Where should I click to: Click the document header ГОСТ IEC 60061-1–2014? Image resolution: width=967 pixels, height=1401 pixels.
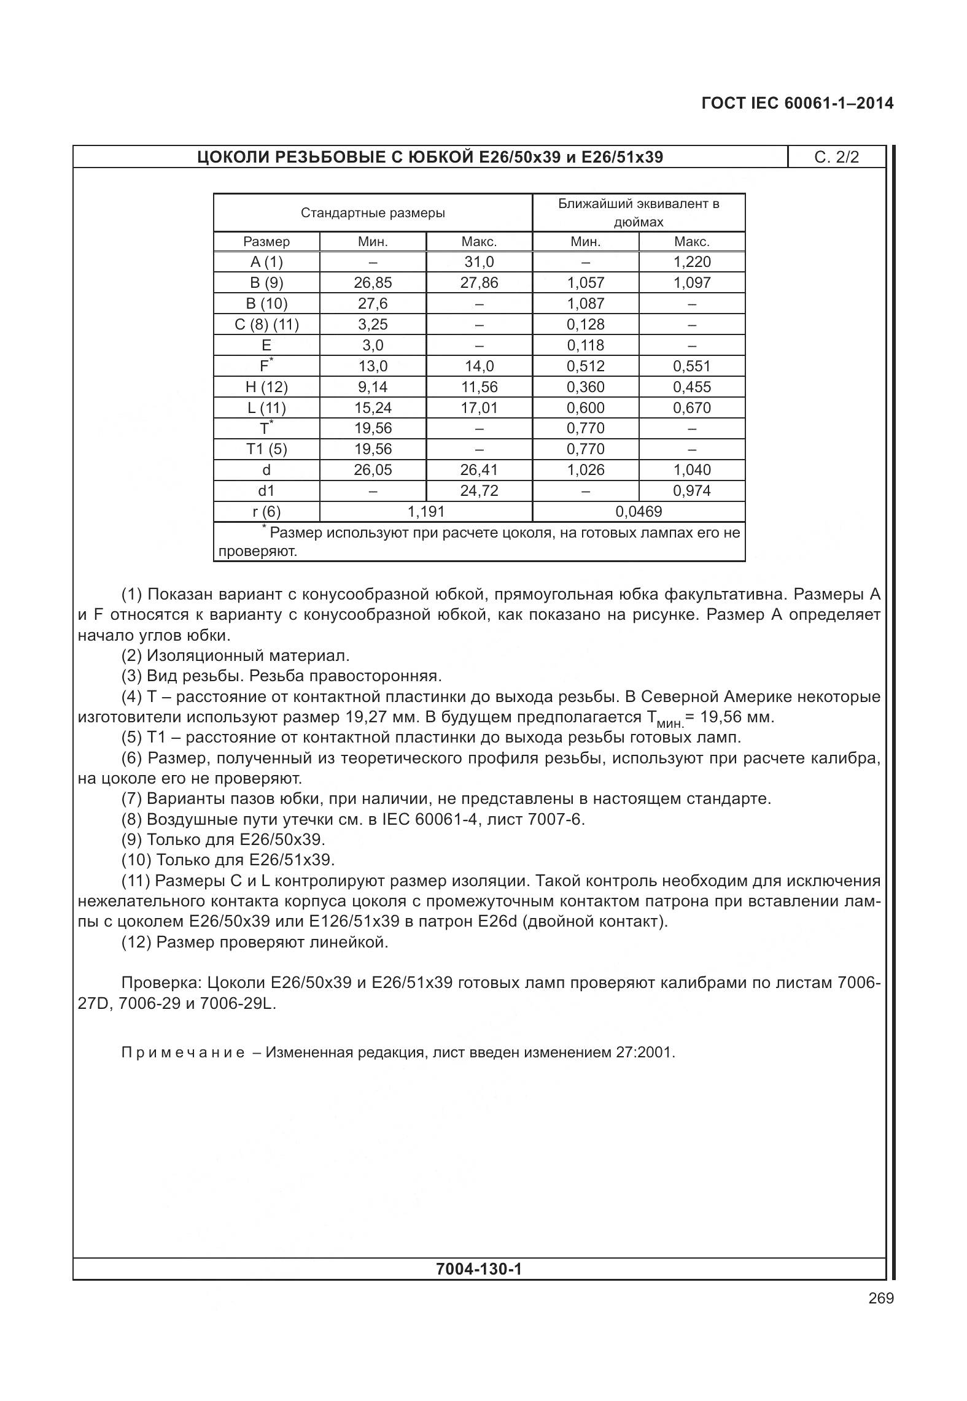(797, 103)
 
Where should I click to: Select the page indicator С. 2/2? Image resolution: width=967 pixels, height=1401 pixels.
(836, 157)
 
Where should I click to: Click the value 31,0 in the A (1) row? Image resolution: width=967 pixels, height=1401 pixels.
(479, 262)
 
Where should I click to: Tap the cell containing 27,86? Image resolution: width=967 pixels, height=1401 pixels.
(479, 283)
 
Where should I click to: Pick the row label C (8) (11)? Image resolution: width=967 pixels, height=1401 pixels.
(266, 325)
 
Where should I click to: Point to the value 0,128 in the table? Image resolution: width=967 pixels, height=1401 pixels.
(585, 325)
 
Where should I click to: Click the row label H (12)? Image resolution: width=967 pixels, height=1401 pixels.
(266, 387)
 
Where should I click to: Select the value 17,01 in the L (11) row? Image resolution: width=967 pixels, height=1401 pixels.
(479, 408)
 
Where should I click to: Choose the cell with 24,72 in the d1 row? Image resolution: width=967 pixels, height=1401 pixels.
(479, 491)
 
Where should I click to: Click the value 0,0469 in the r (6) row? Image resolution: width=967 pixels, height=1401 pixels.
(639, 512)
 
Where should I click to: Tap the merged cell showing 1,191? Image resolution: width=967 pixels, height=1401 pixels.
(425, 512)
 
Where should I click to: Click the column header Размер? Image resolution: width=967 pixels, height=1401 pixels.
(266, 242)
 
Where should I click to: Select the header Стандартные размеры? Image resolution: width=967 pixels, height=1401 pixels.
(373, 213)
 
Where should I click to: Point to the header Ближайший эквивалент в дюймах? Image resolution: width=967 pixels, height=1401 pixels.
(639, 212)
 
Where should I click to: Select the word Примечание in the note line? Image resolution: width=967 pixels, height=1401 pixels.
(183, 1053)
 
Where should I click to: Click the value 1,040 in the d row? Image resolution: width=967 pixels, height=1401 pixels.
(691, 470)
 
